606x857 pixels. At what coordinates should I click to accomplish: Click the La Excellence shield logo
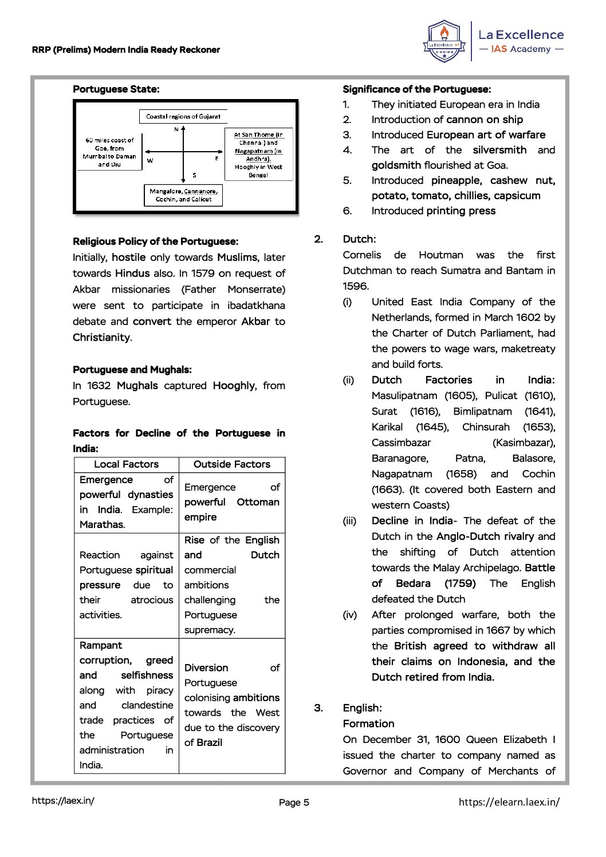click(x=444, y=41)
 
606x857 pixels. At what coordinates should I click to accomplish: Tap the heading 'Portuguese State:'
click(x=116, y=89)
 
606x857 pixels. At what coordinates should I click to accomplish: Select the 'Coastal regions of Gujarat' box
click(x=183, y=116)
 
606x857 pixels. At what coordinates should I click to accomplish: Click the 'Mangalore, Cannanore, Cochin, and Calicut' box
click(x=183, y=195)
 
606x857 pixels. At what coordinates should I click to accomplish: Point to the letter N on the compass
click(x=176, y=129)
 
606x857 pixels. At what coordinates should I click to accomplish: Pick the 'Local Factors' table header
click(x=126, y=464)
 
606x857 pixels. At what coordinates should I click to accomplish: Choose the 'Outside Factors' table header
click(x=231, y=464)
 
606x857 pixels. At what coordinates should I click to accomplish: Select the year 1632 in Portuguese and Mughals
click(x=99, y=386)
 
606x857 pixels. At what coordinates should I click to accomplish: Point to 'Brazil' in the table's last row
click(x=209, y=743)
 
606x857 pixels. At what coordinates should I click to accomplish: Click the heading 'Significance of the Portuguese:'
click(x=416, y=89)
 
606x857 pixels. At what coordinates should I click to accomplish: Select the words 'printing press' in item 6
click(x=461, y=211)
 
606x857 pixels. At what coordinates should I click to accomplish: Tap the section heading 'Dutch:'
click(x=359, y=239)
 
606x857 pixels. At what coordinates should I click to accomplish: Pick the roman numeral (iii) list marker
click(x=349, y=521)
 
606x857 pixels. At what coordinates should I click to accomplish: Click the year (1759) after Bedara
click(x=460, y=583)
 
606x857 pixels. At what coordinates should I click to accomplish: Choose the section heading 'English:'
click(x=362, y=708)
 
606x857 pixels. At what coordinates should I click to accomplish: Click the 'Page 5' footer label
click(x=294, y=802)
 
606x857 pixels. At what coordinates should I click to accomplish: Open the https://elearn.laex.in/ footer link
click(x=509, y=801)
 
